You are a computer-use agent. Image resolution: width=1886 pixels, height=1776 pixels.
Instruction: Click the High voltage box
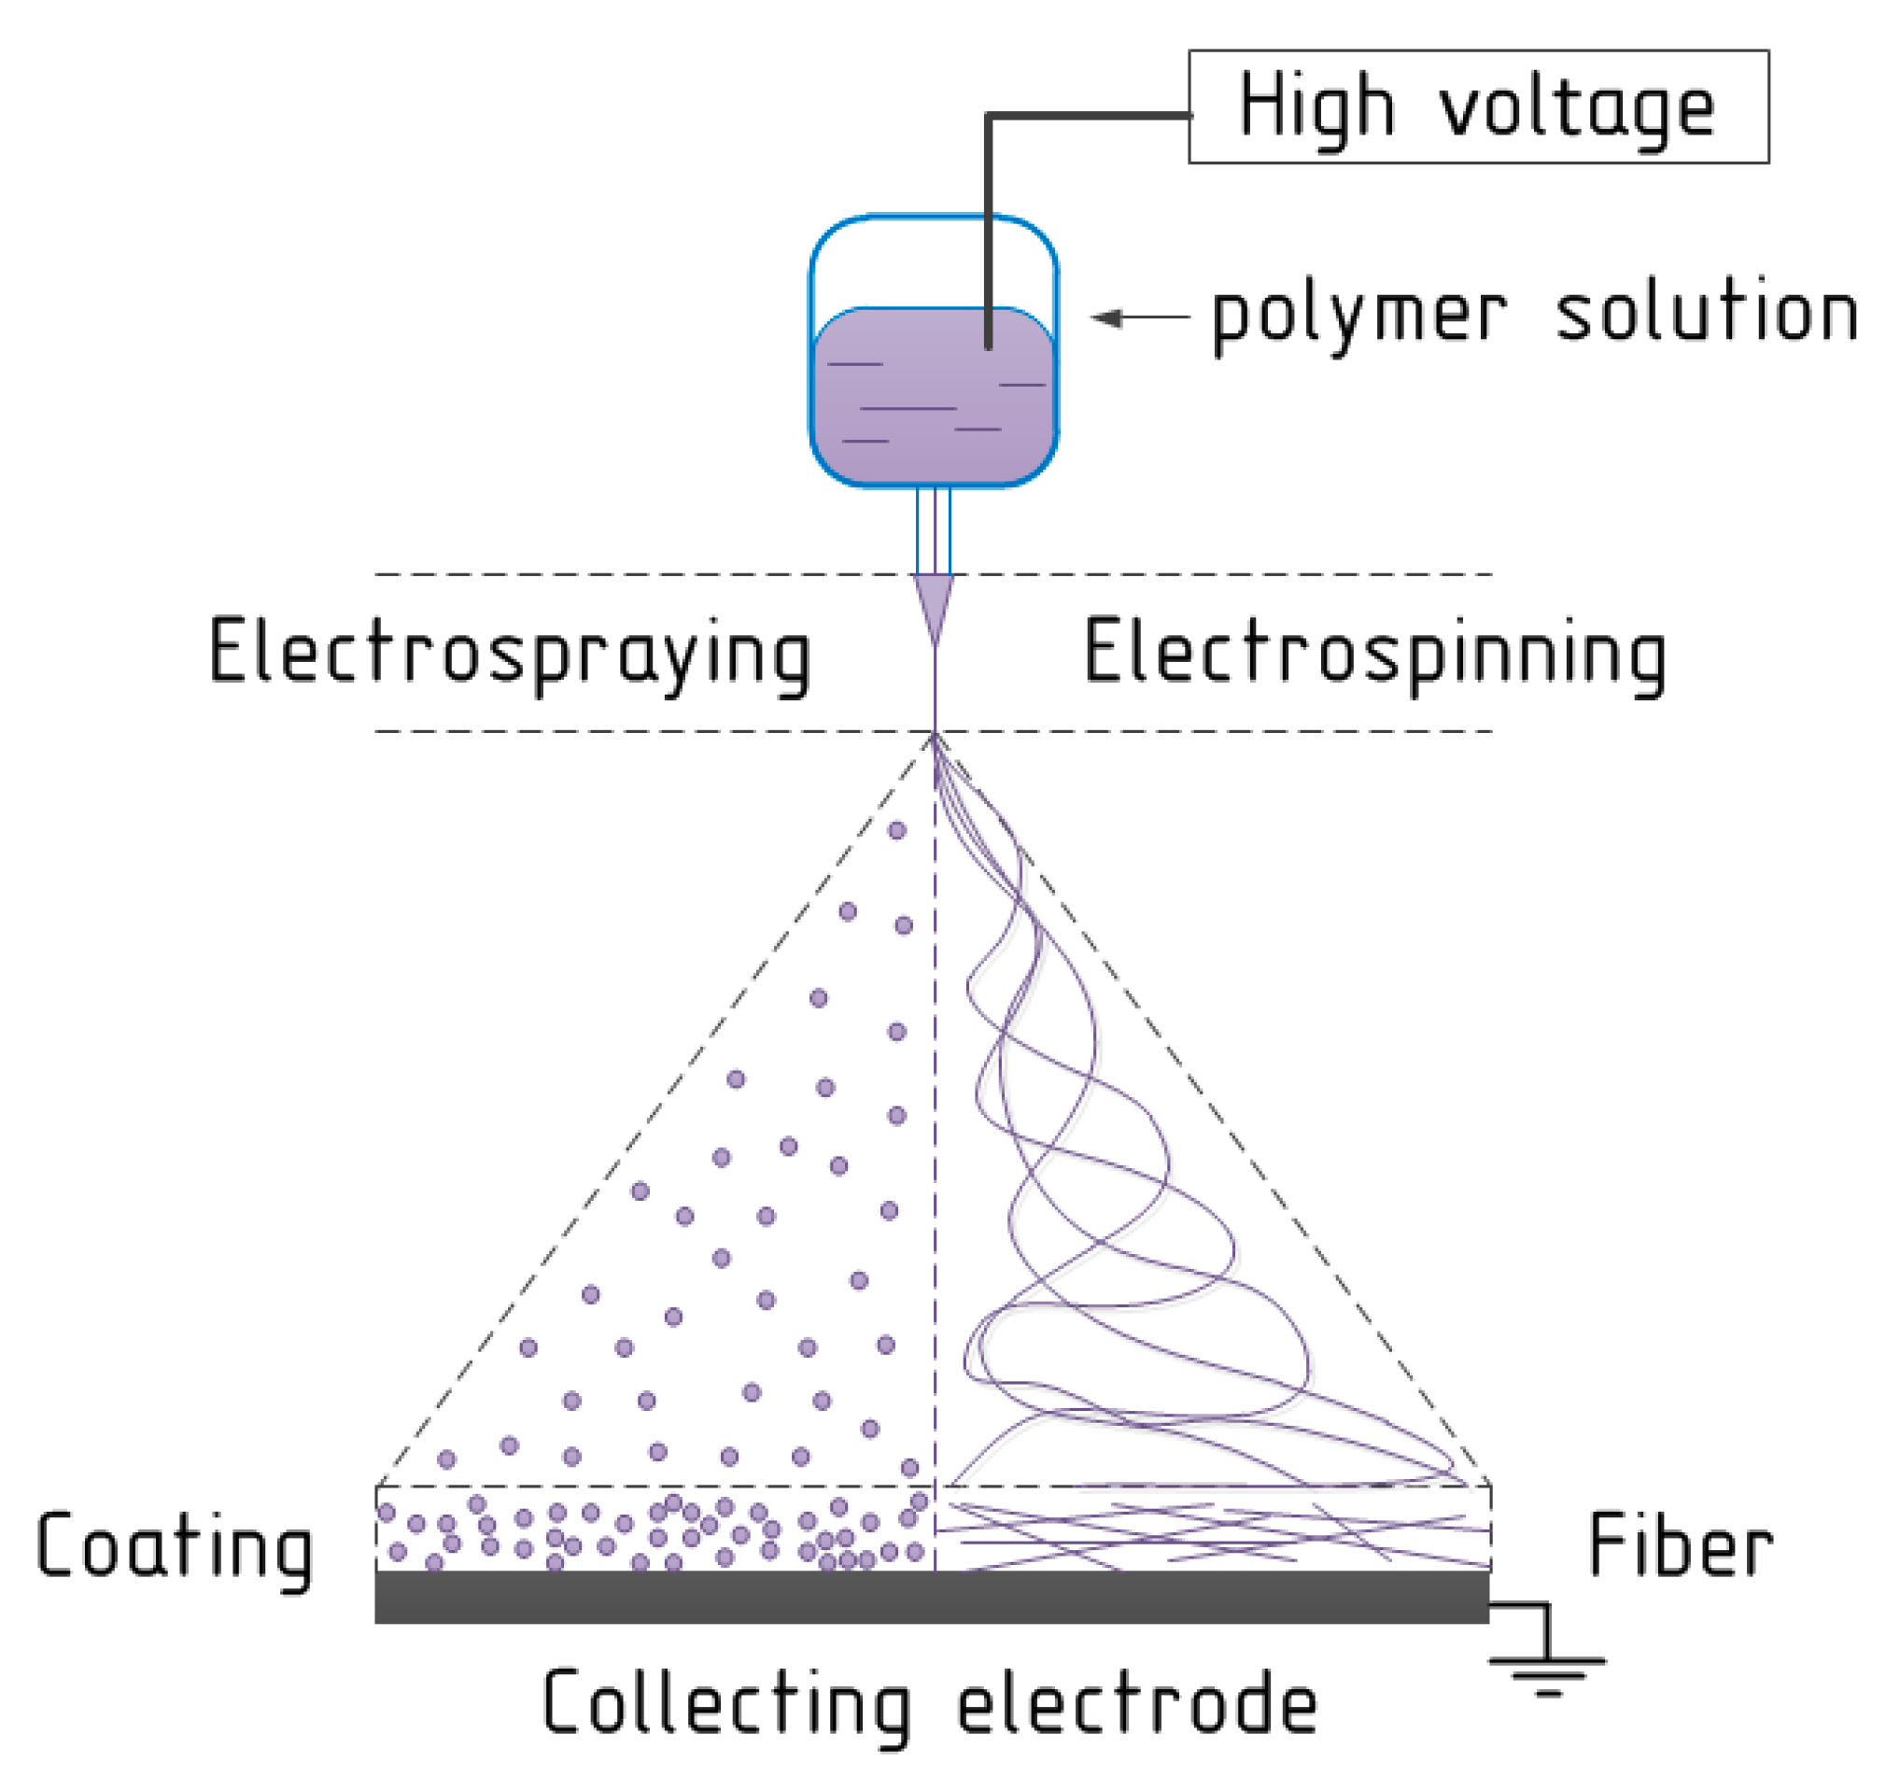(1477, 107)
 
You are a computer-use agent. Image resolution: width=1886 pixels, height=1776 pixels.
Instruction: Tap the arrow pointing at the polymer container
(1139, 317)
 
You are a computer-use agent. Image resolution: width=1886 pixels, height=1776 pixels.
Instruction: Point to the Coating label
(175, 1546)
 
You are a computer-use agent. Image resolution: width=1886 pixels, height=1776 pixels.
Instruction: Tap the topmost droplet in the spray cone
(896, 831)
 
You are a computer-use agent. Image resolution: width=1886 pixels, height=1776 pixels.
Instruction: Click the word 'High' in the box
(1316, 107)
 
